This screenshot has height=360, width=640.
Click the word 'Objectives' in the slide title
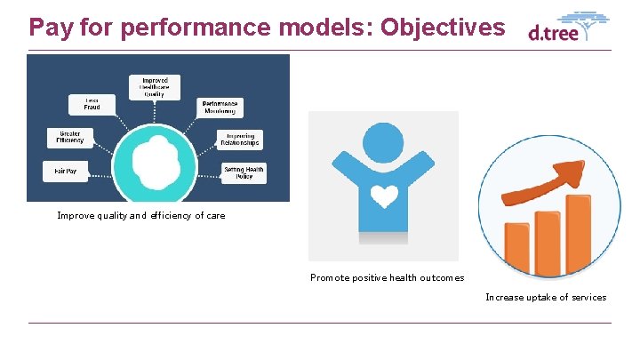click(442, 27)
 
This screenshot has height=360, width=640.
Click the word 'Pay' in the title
click(52, 27)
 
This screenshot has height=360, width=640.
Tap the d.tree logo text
click(553, 34)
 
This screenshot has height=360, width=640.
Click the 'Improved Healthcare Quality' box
click(154, 86)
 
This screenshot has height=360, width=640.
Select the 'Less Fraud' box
click(92, 105)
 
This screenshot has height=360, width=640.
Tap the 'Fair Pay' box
click(66, 171)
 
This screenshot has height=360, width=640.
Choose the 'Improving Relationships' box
click(240, 140)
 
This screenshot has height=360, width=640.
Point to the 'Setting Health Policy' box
click(244, 172)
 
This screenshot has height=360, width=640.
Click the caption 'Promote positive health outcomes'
click(387, 278)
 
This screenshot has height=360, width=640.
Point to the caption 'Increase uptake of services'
click(546, 297)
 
